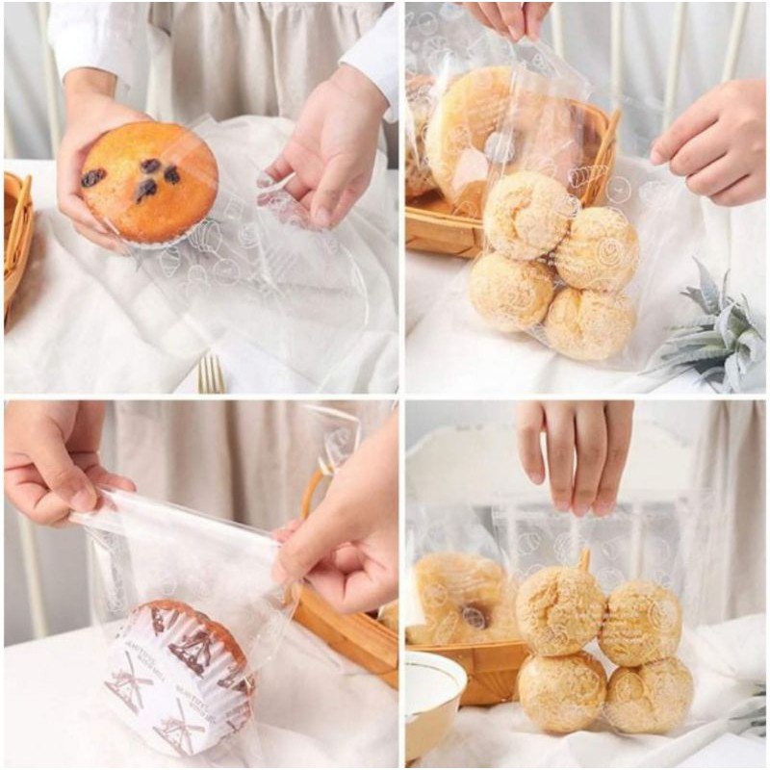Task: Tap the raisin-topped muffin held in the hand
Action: pyautogui.click(x=149, y=183)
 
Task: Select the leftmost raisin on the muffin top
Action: pyautogui.click(x=93, y=177)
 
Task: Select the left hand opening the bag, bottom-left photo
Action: pyautogui.click(x=58, y=462)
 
